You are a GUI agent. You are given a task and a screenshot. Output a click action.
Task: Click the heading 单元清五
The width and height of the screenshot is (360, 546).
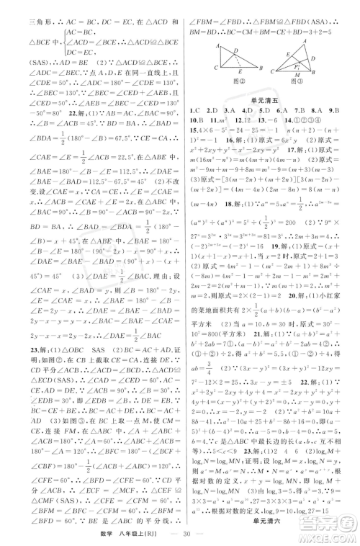267,99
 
